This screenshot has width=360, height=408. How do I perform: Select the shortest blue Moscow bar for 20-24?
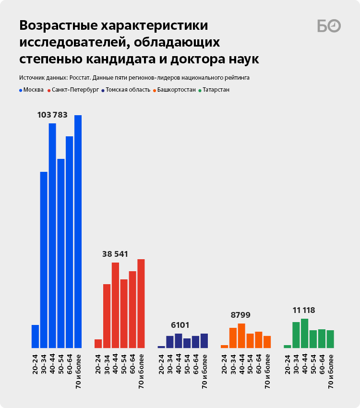click(x=35, y=336)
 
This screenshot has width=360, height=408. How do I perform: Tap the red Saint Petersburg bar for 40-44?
click(x=115, y=305)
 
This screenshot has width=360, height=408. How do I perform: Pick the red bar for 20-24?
click(x=98, y=344)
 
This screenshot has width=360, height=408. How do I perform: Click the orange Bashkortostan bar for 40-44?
click(x=241, y=336)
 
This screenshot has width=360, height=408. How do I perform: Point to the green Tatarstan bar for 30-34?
click(x=296, y=335)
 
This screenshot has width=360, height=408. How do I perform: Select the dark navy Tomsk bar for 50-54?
click(x=187, y=343)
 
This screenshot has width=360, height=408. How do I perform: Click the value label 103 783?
click(x=52, y=115)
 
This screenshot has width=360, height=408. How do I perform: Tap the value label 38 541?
click(x=115, y=254)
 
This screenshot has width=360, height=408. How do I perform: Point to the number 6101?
click(x=182, y=325)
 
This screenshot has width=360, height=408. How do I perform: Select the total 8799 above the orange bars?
click(x=240, y=315)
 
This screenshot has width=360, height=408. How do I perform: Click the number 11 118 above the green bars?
click(x=303, y=310)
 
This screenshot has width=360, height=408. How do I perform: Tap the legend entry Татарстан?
click(x=216, y=90)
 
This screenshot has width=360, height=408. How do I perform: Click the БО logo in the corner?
click(x=329, y=26)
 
